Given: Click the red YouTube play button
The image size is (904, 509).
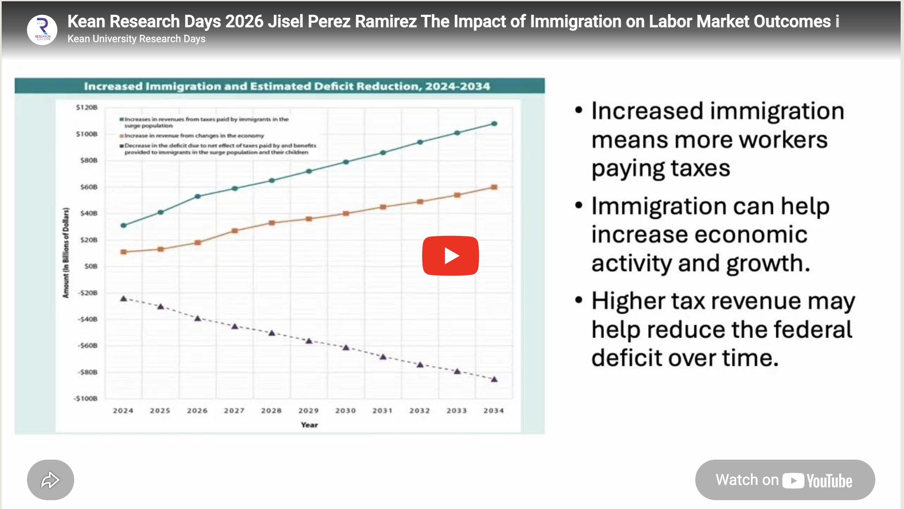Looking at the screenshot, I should pyautogui.click(x=450, y=256).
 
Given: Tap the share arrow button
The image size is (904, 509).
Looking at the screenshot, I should pyautogui.click(x=51, y=480).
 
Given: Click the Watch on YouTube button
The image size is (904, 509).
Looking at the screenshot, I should pyautogui.click(x=785, y=480).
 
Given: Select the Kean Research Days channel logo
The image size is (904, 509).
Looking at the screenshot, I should pyautogui.click(x=42, y=30).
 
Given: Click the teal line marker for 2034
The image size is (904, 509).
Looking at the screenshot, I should pyautogui.click(x=494, y=124).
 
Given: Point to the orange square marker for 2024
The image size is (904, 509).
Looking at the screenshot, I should pyautogui.click(x=124, y=252).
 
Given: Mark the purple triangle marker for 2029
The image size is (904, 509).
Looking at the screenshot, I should pyautogui.click(x=309, y=341).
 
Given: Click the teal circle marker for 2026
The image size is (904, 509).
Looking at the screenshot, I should pyautogui.click(x=198, y=196).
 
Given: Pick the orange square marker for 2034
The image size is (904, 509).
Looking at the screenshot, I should pyautogui.click(x=494, y=187).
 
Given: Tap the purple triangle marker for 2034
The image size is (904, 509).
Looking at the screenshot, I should pyautogui.click(x=494, y=379).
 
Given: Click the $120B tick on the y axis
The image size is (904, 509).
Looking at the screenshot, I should pyautogui.click(x=87, y=108).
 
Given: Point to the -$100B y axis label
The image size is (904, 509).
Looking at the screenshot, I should pyautogui.click(x=86, y=398).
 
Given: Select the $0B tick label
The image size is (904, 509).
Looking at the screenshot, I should pyautogui.click(x=91, y=266).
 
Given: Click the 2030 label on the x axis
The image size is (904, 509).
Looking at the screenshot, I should pyautogui.click(x=345, y=411).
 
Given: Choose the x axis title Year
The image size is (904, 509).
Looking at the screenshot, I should pyautogui.click(x=309, y=425).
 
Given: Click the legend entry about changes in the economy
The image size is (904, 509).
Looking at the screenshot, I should pyautogui.click(x=194, y=136).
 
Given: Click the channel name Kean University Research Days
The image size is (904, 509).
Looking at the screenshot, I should pyautogui.click(x=136, y=39).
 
